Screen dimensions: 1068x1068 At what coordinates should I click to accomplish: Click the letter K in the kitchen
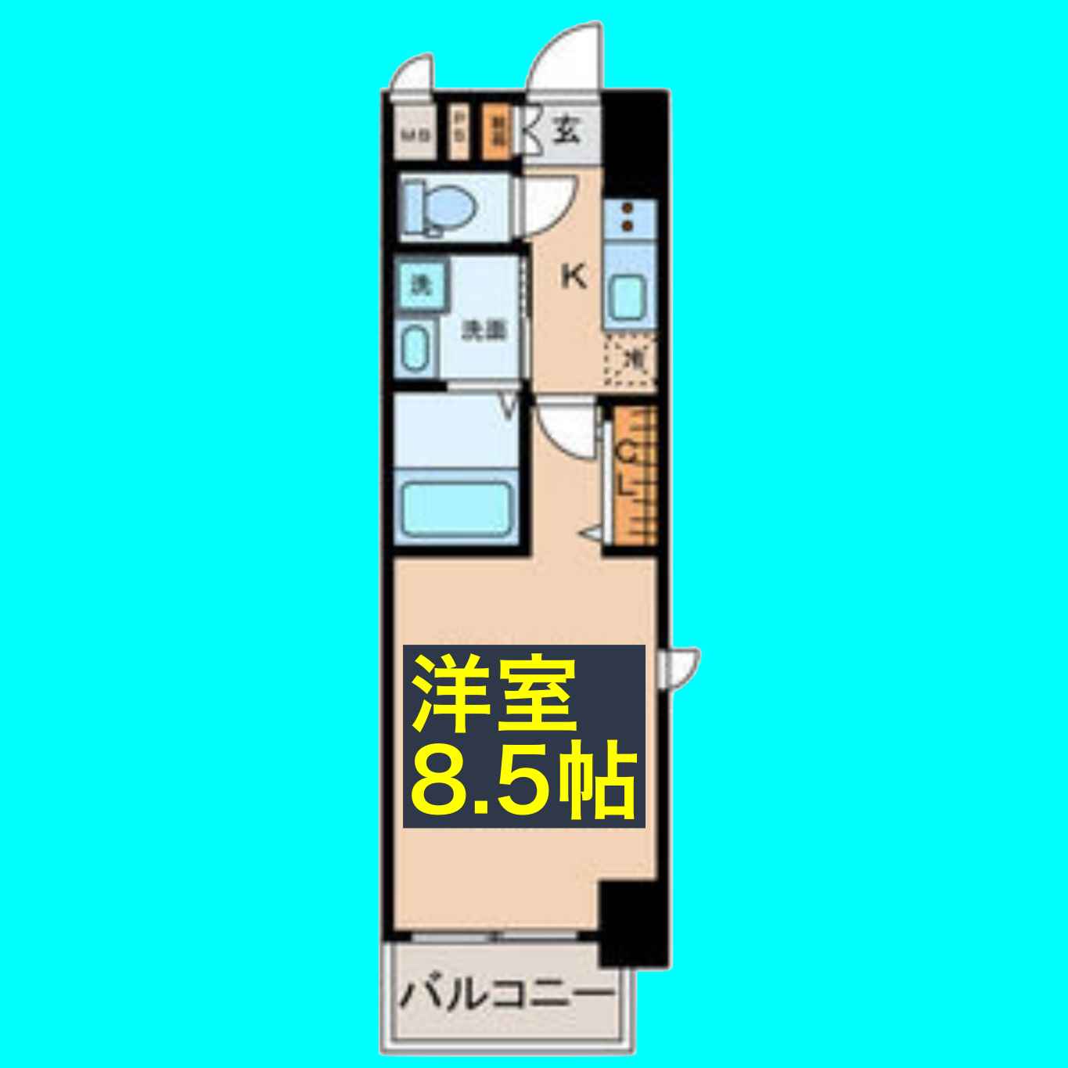tap(574, 276)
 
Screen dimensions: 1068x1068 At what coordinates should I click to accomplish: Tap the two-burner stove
tap(627, 217)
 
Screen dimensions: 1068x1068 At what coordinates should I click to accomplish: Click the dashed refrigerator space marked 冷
tap(632, 361)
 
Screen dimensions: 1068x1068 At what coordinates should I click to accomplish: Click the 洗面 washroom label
tap(483, 331)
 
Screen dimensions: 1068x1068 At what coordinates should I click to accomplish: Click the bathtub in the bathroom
tap(455, 508)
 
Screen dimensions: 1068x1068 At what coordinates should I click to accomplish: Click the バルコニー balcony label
tap(505, 994)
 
